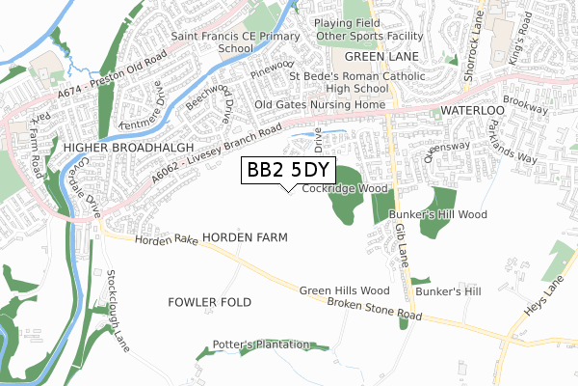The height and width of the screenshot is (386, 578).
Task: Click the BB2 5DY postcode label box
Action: (287, 171)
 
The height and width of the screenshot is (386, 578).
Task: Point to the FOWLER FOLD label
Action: (209, 302)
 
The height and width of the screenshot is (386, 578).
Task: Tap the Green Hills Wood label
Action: (344, 289)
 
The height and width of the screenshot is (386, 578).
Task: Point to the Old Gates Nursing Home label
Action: (321, 104)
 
